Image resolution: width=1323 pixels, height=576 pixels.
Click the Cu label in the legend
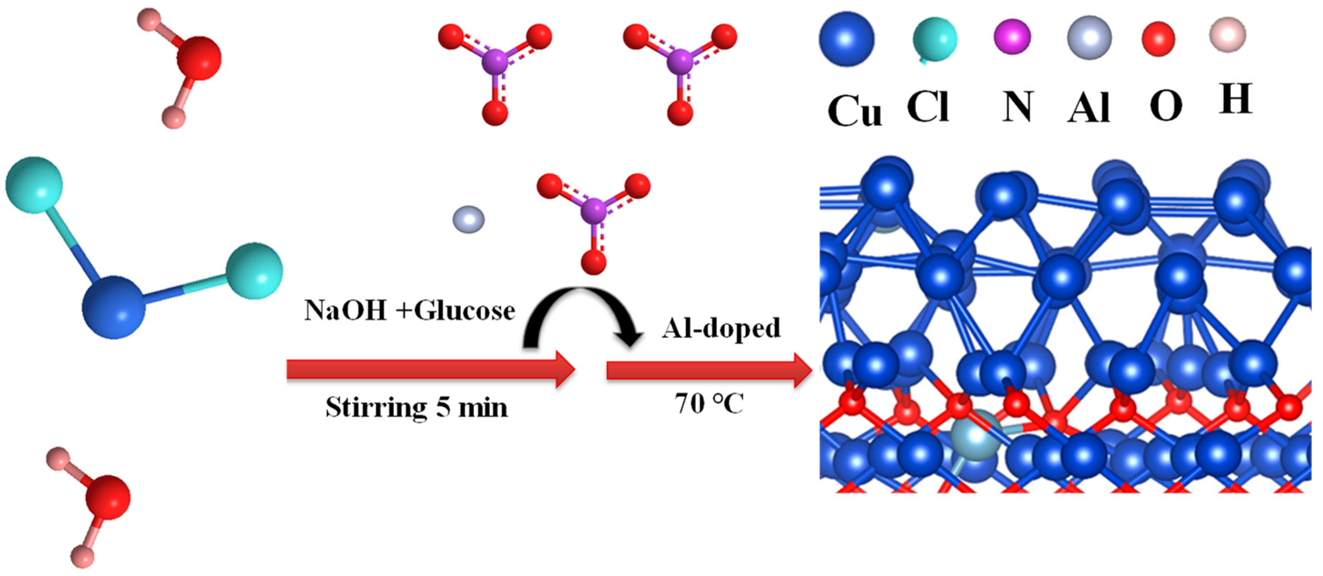(x=854, y=111)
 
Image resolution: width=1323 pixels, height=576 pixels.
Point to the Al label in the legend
(x=1088, y=109)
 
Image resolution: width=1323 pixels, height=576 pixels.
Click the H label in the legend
(x=1235, y=98)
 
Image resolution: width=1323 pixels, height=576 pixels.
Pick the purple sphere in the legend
(x=1012, y=36)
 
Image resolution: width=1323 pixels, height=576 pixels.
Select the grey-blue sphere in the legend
(x=1089, y=37)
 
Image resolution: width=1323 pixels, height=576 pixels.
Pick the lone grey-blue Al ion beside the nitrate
(x=469, y=219)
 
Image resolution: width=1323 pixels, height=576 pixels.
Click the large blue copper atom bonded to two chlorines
(x=114, y=307)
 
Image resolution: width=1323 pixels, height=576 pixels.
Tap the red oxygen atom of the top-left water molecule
(x=199, y=58)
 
